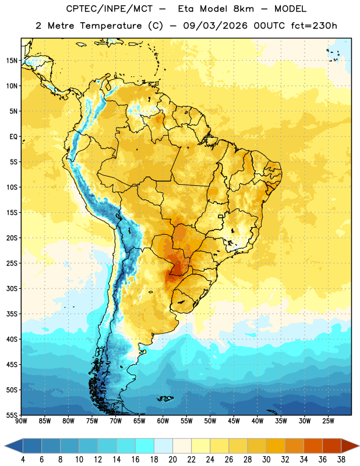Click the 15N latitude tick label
[x=12, y=61]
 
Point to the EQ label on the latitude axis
[x=13, y=137]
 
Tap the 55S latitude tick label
[x=12, y=415]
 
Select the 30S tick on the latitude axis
[x=12, y=288]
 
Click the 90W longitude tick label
[x=21, y=421]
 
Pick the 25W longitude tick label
[x=328, y=421]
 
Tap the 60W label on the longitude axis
[x=163, y=421]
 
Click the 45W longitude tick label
[x=234, y=421]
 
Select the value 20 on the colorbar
[x=172, y=460]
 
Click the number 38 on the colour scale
[x=341, y=460]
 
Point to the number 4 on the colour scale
[x=23, y=460]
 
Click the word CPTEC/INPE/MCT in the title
[x=109, y=9]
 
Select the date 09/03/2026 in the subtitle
[x=215, y=26]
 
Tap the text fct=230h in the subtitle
[x=314, y=26]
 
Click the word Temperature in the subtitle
[x=111, y=26]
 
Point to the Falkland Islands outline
[x=165, y=398]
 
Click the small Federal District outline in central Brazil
[x=221, y=216]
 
